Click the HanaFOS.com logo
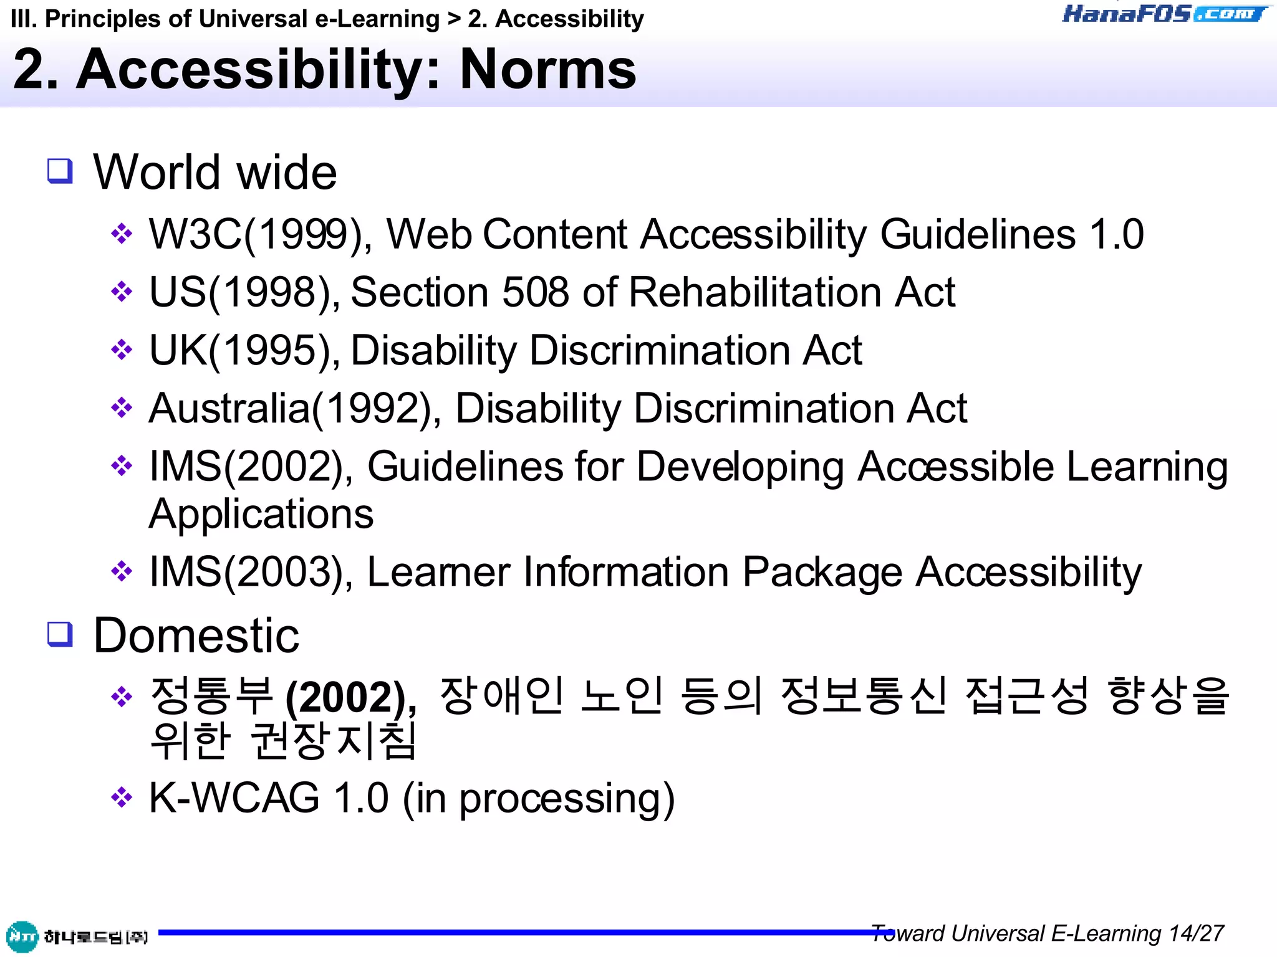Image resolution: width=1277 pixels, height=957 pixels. point(1165,14)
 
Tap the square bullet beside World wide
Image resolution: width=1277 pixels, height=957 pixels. point(60,170)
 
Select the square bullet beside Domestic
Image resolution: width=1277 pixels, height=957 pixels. point(60,634)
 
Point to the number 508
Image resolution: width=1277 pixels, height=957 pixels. point(535,292)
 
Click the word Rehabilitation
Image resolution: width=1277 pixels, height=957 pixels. point(754,292)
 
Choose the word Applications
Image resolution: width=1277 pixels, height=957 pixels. point(261,515)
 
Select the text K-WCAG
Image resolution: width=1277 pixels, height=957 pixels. point(234,798)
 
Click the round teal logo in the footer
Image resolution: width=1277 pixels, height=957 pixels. point(22,936)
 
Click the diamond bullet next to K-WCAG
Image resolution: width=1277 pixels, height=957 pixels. point(122,797)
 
